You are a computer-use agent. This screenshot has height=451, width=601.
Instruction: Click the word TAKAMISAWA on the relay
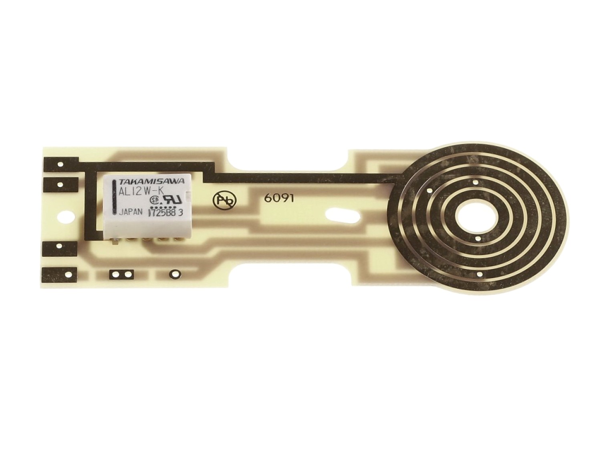coord(151,181)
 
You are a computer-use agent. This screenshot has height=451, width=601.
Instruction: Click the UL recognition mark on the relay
coord(172,200)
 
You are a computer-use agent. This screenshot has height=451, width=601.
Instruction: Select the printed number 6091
coord(279,199)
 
